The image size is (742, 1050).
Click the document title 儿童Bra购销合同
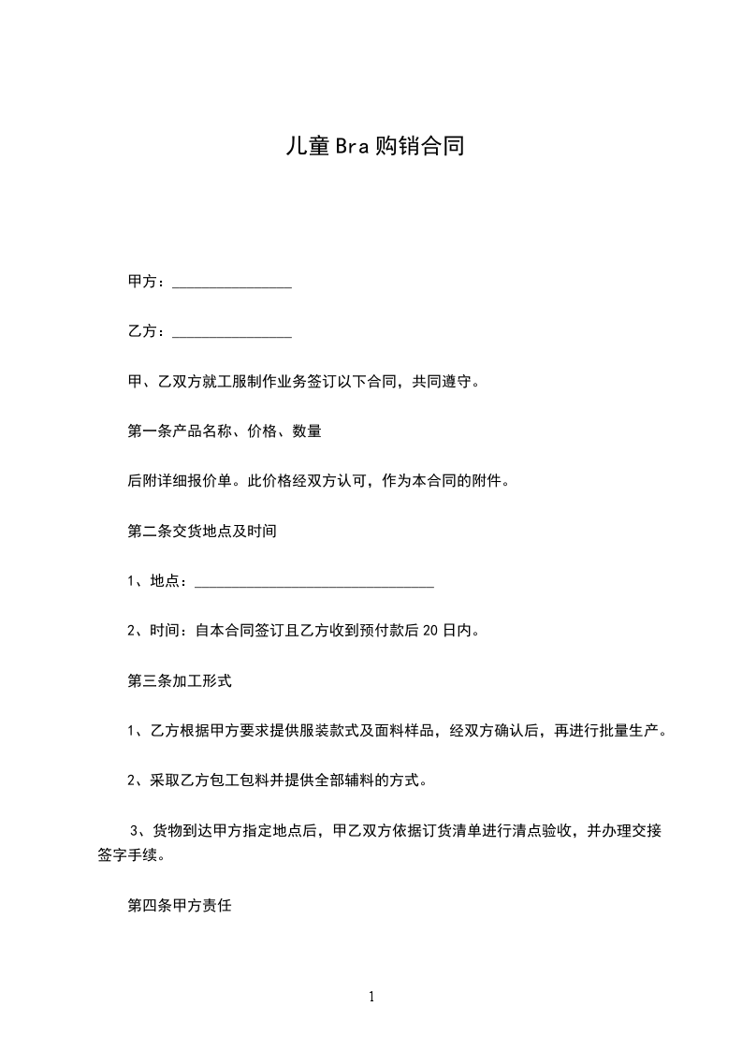point(374,147)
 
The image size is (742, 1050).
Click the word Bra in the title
point(348,147)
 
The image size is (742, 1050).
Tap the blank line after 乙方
point(232,334)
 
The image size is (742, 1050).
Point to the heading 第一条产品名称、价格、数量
point(225,431)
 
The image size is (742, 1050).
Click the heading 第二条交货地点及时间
point(201,531)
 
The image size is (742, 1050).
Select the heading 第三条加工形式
point(179,680)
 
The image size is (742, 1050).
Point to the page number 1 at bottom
point(371,998)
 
